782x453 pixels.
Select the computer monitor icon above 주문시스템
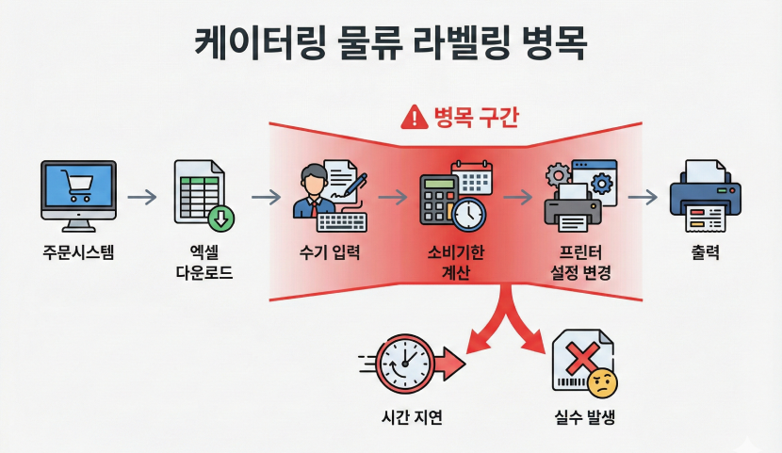[x=79, y=191]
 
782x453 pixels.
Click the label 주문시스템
[x=79, y=252]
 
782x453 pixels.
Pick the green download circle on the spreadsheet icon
[x=222, y=218]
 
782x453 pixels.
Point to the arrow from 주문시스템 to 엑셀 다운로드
[x=141, y=197]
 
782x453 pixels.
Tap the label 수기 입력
[x=330, y=252]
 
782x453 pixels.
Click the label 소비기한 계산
[x=456, y=263]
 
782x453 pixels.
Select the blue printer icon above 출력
[x=705, y=197]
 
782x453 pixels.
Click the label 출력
[x=705, y=252]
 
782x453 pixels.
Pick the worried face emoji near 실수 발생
[x=601, y=383]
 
